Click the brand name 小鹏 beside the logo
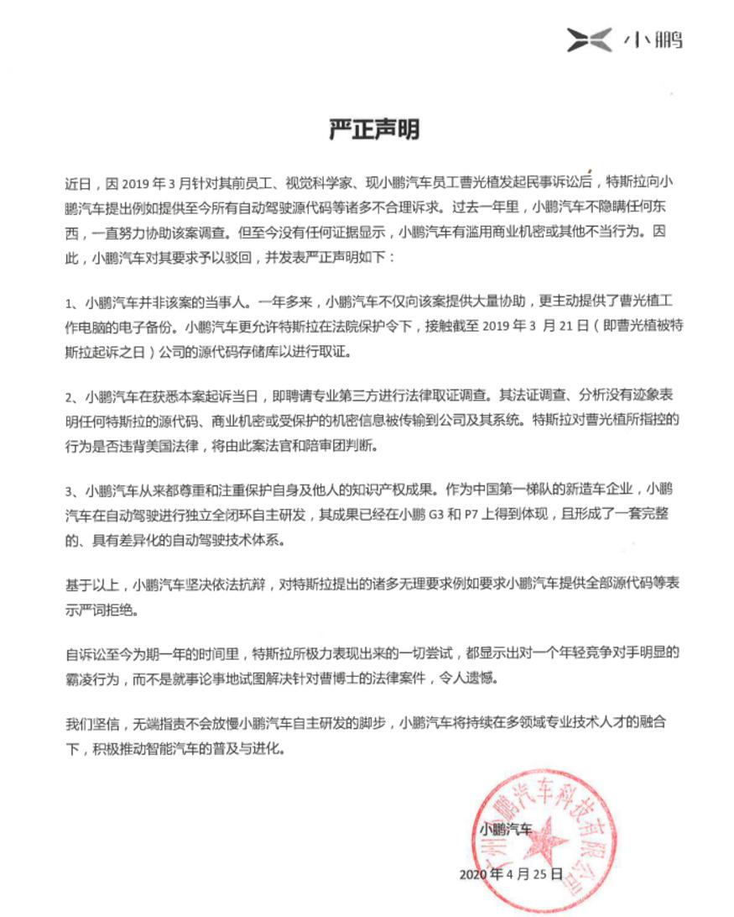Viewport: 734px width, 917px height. [x=653, y=39]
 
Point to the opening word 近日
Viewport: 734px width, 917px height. [x=77, y=181]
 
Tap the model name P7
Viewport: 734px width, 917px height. [x=470, y=515]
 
